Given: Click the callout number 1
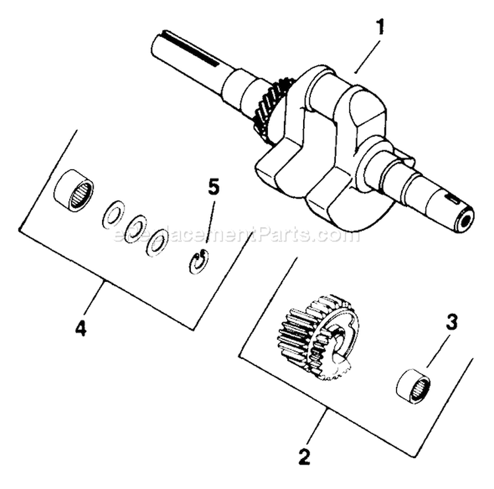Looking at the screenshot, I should point(379,28).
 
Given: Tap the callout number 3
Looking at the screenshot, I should point(451,323).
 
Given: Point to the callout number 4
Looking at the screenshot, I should point(80,328).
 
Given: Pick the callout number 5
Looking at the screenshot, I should point(213,187).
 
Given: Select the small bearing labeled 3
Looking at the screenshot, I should point(413,386).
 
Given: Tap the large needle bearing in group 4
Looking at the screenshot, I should point(72,189).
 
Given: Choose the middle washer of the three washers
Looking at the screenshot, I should point(136,228).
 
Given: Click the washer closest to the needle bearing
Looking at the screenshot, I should point(113,216).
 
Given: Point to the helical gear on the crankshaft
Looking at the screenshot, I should point(271,108).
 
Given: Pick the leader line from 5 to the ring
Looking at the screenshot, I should point(207,224).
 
